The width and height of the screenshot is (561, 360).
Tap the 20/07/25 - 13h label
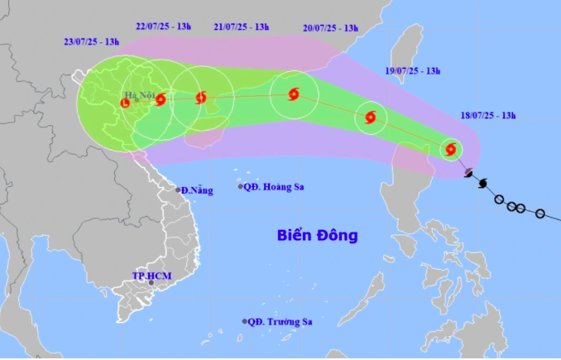[x=330, y=27]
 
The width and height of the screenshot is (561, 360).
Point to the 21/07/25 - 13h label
[x=240, y=27]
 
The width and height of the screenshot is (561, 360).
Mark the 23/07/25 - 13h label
[x=91, y=42]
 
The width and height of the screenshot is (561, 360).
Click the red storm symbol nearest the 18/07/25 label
[x=451, y=150]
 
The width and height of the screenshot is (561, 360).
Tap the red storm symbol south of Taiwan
[x=370, y=117]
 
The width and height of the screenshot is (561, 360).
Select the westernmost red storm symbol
[x=125, y=103]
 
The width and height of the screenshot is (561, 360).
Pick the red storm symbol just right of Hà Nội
[x=161, y=100]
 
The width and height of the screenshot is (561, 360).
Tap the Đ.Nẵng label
[x=197, y=191]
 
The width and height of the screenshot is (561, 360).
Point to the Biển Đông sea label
[x=317, y=236]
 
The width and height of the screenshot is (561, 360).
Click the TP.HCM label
[x=150, y=275]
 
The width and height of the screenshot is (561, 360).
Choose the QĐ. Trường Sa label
[x=280, y=322]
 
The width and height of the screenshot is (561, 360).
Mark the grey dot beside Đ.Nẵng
[x=178, y=190]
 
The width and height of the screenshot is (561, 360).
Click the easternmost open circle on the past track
[x=539, y=214]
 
